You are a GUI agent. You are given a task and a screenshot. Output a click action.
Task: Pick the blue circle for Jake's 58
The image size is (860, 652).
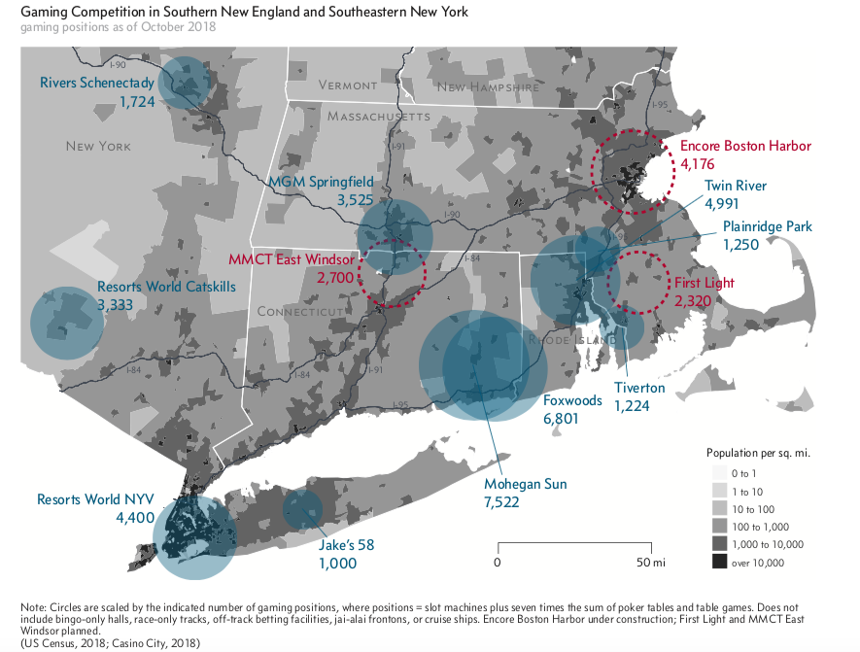click(302, 508)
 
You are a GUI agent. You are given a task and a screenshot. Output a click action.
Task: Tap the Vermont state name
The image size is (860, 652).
click(347, 86)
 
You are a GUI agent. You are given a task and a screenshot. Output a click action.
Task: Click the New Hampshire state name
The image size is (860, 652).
click(487, 86)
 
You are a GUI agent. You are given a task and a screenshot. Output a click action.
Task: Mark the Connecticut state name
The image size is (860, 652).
click(302, 311)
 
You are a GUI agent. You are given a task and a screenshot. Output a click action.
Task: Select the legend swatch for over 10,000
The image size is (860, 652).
click(719, 563)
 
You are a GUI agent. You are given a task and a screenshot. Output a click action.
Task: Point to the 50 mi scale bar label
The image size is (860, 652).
click(650, 563)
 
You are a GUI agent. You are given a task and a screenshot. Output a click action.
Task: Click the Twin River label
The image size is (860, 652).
click(736, 186)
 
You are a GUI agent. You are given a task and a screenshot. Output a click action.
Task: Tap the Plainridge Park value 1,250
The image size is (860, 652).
click(743, 245)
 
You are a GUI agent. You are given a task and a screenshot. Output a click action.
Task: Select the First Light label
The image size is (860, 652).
click(705, 283)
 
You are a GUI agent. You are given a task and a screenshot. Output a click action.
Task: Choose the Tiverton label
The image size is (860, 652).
click(639, 388)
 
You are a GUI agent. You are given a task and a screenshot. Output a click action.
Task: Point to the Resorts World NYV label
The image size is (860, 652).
click(95, 499)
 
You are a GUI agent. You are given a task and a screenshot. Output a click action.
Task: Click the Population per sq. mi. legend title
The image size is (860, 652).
click(758, 453)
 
